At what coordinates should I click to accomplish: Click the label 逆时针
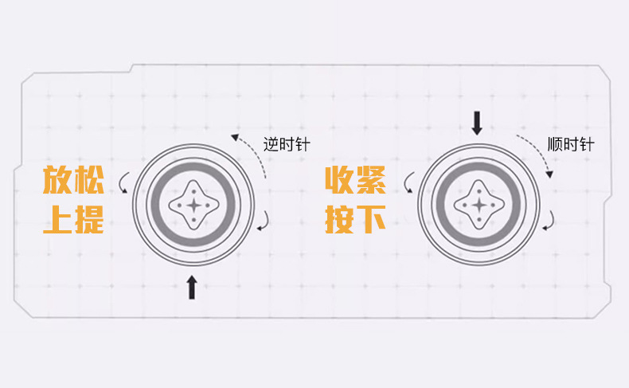coord(287,145)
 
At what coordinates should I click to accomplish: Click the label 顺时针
coord(571,145)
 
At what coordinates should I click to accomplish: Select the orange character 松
coord(89,182)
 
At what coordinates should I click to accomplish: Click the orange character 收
coord(340,182)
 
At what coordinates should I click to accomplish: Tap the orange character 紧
coord(371,182)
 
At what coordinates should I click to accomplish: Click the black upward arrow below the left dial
coord(192,288)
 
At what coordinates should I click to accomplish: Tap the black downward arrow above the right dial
coord(477,123)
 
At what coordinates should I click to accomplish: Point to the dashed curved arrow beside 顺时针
coord(536,156)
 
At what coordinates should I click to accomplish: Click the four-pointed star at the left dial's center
coord(193,205)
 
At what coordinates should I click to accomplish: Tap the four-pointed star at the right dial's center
coord(479,205)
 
